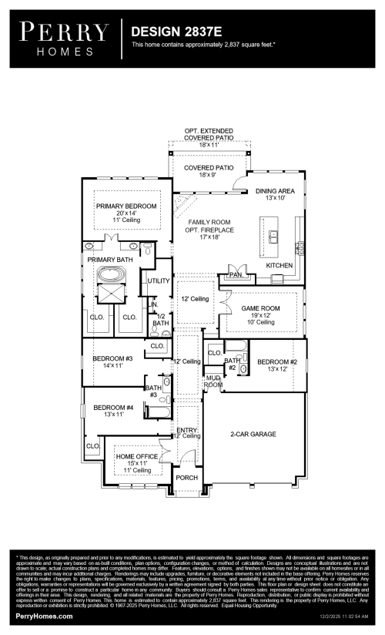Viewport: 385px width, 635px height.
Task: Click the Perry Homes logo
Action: pyautogui.click(x=64, y=38)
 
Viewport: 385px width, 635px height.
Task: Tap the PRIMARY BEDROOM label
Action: pyautogui.click(x=126, y=207)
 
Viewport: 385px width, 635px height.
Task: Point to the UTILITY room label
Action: pyautogui.click(x=159, y=281)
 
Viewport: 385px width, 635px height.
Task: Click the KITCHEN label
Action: pyautogui.click(x=280, y=265)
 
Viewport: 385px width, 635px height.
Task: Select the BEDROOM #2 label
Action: pyautogui.click(x=277, y=361)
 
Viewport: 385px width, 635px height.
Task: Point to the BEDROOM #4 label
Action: pyautogui.click(x=113, y=407)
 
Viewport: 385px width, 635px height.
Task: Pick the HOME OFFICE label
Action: pyautogui.click(x=136, y=456)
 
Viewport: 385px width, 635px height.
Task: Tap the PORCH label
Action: pyautogui.click(x=186, y=478)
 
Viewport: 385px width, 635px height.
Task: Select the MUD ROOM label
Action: pyautogui.click(x=213, y=381)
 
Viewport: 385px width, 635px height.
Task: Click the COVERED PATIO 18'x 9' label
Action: pyautogui.click(x=209, y=166)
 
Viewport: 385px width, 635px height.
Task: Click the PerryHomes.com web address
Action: pyautogui.click(x=45, y=617)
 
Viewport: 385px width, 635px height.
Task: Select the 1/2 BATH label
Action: pyautogui.click(x=161, y=320)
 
